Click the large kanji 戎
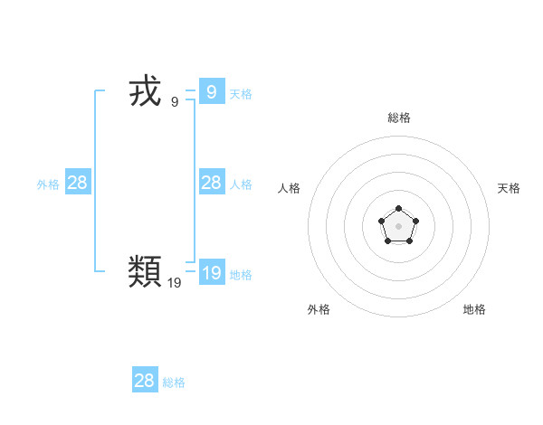[x=145, y=92]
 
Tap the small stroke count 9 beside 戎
[x=175, y=102]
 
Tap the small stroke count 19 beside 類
[x=175, y=283]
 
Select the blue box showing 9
[x=212, y=91]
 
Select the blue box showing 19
[x=212, y=272]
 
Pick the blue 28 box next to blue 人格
[x=212, y=183]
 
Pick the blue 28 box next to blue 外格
[x=78, y=183]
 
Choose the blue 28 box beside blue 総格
[x=145, y=381]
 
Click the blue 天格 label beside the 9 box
[x=241, y=94]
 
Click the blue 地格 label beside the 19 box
[x=241, y=275]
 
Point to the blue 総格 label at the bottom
[x=174, y=383]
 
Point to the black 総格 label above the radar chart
[x=399, y=118]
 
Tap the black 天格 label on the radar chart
[x=509, y=188]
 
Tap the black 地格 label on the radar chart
[x=474, y=309]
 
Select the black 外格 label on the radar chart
[x=319, y=309]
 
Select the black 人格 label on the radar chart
[x=290, y=188]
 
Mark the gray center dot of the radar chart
[x=398, y=225]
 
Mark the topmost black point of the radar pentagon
[x=398, y=209]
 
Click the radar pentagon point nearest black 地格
[x=409, y=241]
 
